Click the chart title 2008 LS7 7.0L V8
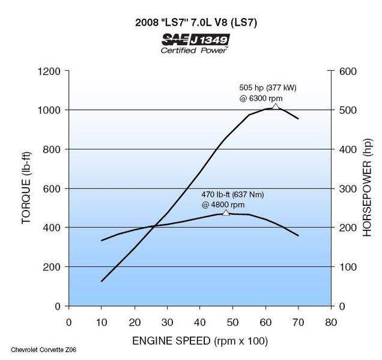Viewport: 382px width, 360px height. point(190,23)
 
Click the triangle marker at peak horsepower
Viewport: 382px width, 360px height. point(276,106)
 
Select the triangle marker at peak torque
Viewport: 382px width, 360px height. point(226,213)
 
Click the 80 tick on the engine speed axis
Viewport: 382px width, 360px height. point(330,321)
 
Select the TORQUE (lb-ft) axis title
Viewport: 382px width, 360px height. point(26,188)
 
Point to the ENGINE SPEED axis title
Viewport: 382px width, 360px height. point(200,341)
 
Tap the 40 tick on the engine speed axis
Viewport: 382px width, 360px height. point(199,321)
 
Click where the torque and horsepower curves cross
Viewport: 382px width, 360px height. point(155,226)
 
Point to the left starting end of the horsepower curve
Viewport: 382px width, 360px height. point(102,281)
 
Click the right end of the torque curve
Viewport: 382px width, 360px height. point(298,236)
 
